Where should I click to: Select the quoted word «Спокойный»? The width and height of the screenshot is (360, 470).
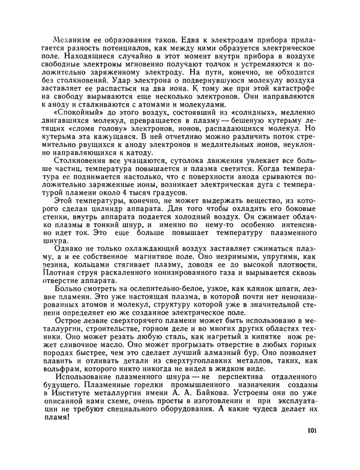pyautogui.click(x=77, y=113)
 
